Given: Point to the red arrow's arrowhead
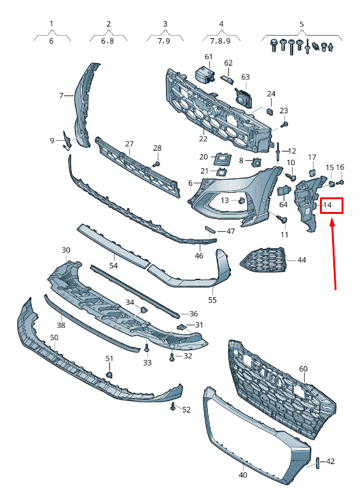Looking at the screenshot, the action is pos(332,222).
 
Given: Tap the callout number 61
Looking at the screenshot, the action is pos(209,57).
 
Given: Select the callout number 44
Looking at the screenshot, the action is pos(301,260).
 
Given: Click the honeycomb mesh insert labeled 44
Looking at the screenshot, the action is pos(263,260).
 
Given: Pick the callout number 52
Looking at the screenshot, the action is pos(186,409).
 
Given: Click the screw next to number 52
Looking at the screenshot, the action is pos(173,406).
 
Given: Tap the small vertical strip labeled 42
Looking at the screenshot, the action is pos(317,463).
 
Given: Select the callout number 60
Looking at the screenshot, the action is pos(303,369).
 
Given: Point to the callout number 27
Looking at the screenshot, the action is pos(129,144).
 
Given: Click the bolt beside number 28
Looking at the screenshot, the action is pos(156,164).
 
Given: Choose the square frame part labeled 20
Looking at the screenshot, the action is pos(223,158).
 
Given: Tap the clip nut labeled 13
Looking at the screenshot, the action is pos(242,201).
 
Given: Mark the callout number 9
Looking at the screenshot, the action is pos(52,141).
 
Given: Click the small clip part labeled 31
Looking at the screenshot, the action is pos(181,327).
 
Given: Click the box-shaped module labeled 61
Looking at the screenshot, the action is pos(204,76).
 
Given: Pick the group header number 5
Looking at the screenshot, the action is pos(301,24).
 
